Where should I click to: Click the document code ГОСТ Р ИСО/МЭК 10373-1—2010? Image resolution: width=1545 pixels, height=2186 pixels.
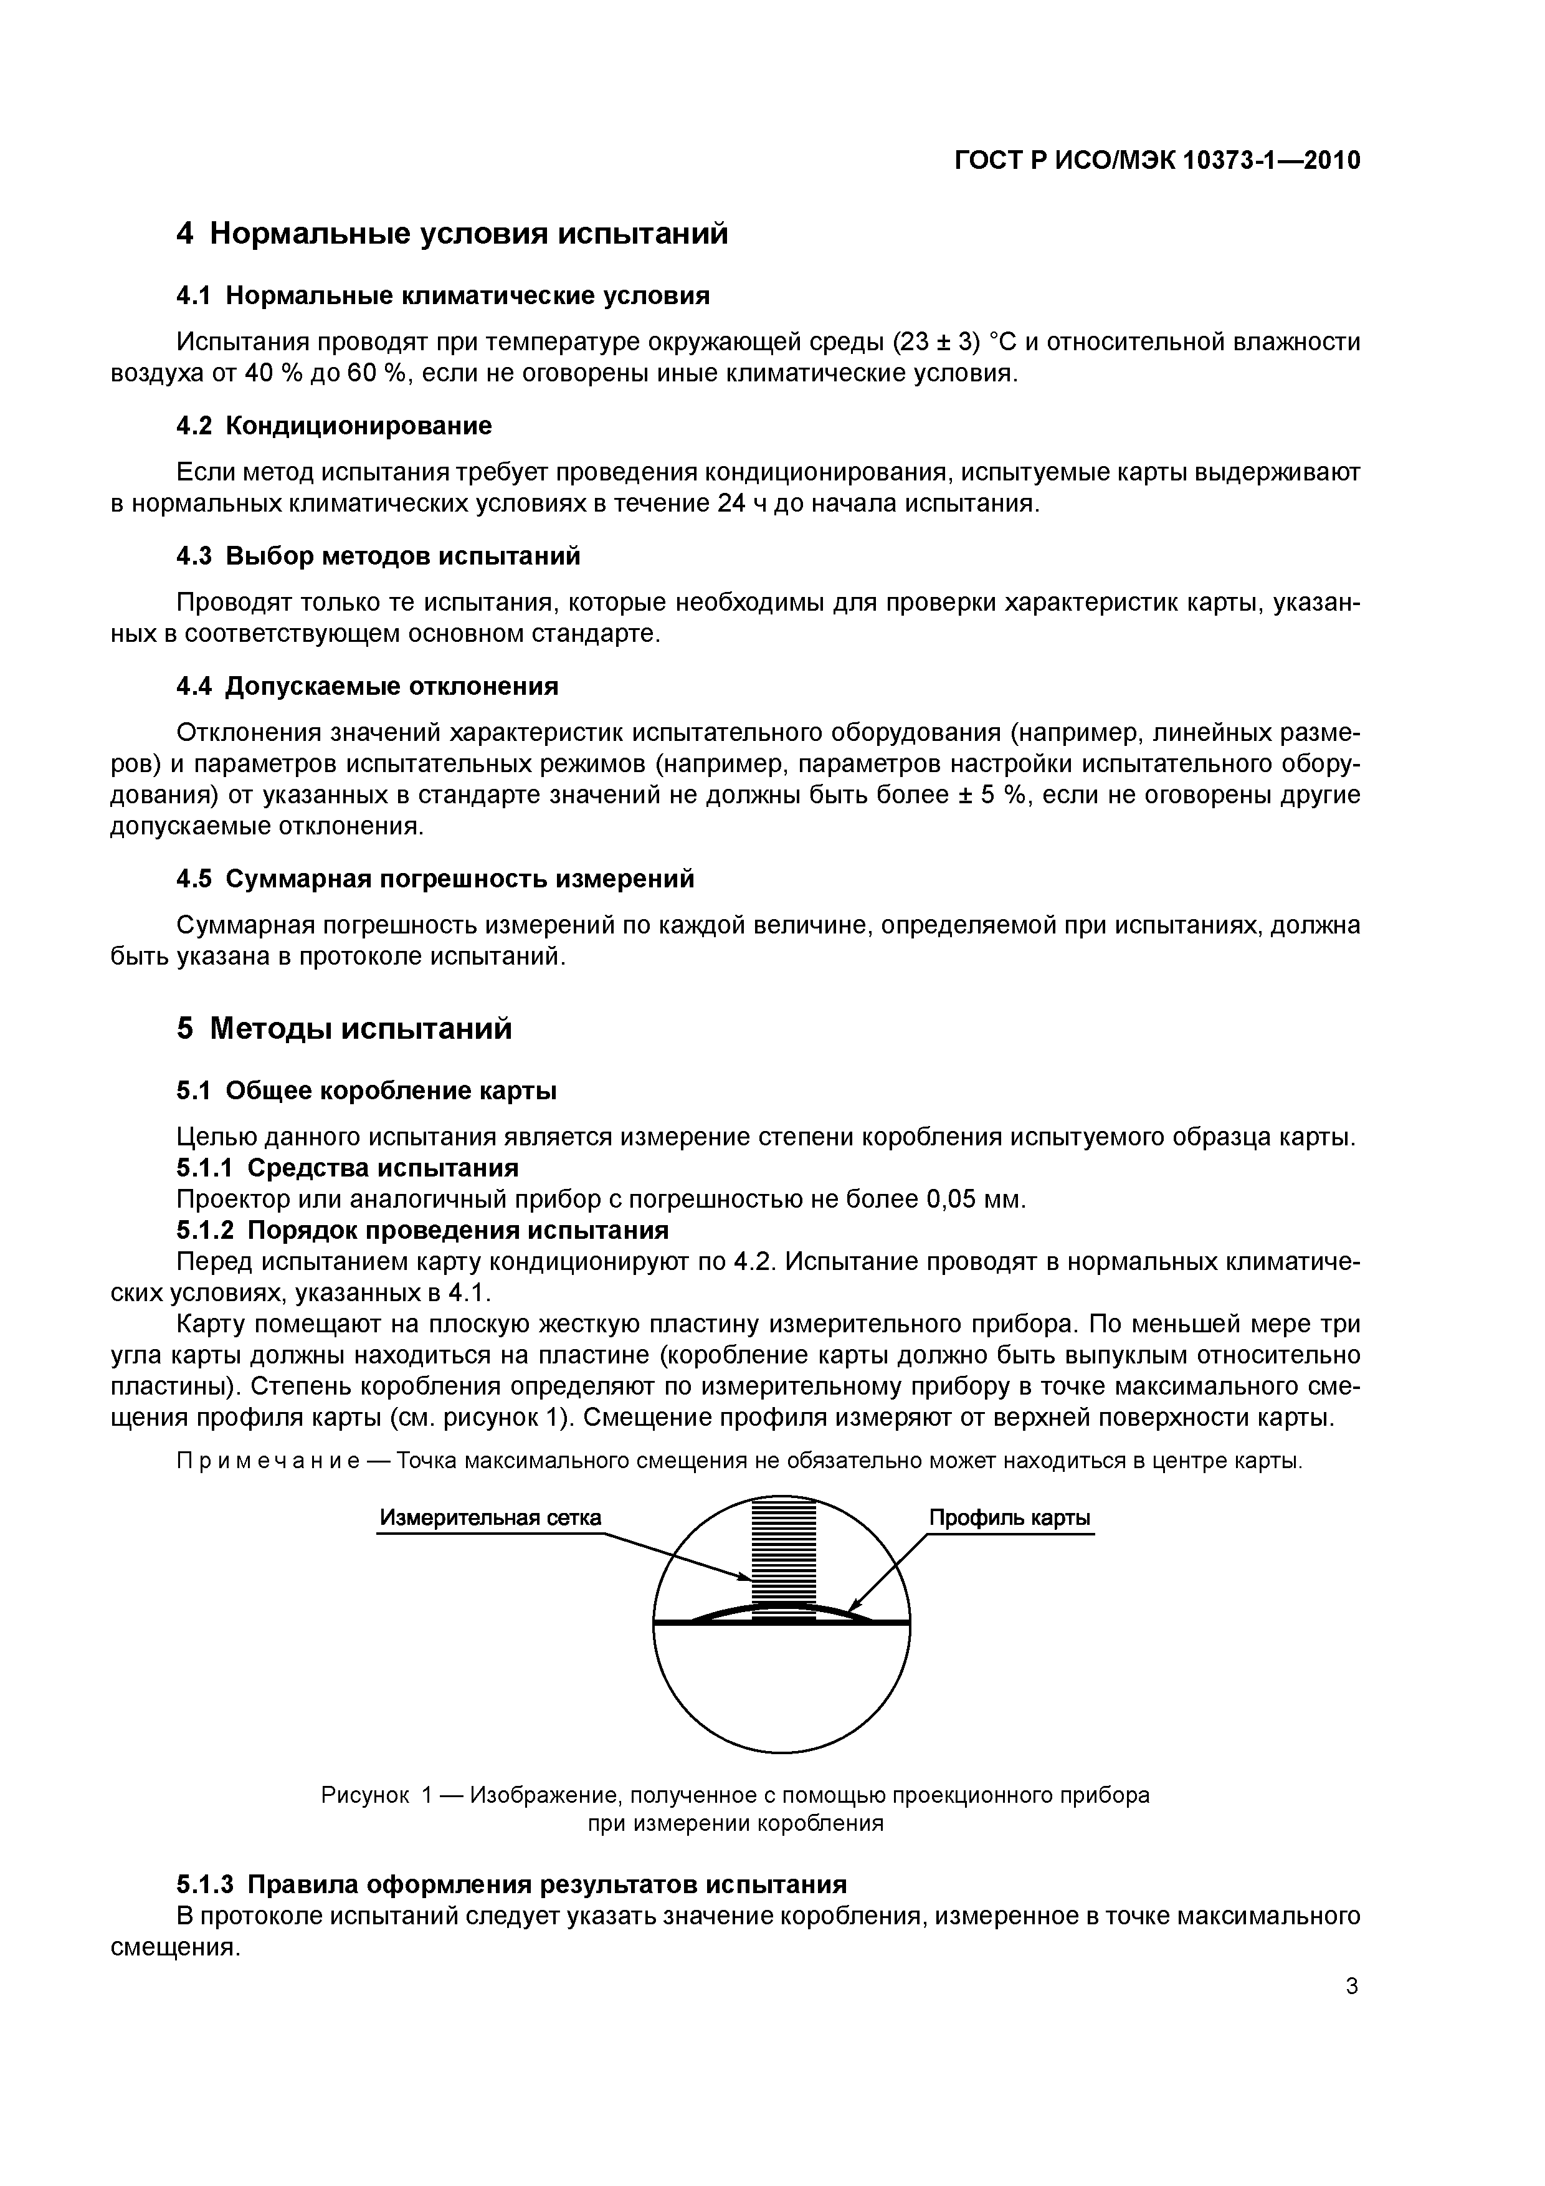[1157, 161]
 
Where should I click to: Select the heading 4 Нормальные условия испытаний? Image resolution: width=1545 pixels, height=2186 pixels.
[452, 233]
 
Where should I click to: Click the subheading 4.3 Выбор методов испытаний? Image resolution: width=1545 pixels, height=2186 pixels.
[378, 556]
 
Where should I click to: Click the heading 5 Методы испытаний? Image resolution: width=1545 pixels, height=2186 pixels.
[344, 1028]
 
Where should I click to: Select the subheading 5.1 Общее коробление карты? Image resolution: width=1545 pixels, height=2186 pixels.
[366, 1090]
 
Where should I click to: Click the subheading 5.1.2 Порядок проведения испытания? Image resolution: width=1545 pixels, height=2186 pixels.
[422, 1230]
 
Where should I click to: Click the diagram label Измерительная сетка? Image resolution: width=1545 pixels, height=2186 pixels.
[490, 1517]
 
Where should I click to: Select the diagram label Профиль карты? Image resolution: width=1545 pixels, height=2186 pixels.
[1010, 1517]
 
